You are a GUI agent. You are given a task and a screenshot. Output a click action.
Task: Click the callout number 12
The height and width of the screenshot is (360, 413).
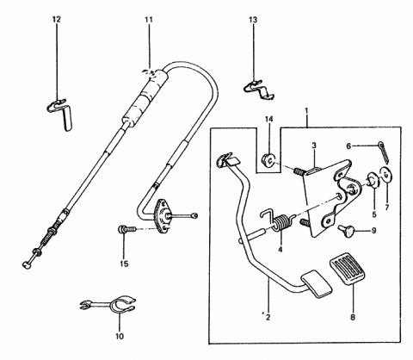[57, 18]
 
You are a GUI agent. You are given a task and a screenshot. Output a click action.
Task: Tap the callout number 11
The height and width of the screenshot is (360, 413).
[148, 18]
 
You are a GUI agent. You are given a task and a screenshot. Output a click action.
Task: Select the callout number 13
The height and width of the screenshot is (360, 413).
[252, 18]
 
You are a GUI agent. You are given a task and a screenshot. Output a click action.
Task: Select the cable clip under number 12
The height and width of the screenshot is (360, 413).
[59, 110]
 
